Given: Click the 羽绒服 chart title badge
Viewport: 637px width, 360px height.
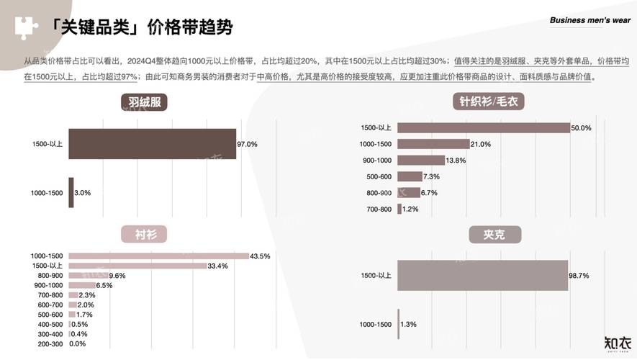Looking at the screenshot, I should [144, 102].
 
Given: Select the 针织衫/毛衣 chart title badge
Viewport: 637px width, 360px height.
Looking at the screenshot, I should [487, 102].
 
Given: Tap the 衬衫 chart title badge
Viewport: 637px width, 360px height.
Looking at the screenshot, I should [143, 234].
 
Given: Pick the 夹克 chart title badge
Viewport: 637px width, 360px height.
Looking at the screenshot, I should [494, 235].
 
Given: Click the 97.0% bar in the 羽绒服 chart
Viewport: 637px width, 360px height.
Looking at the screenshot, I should [153, 144].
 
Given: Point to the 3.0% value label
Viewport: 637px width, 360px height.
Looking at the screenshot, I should [83, 193].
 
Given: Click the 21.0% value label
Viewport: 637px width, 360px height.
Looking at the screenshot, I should [481, 144].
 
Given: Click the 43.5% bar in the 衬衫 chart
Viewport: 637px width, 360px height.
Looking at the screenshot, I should [159, 256].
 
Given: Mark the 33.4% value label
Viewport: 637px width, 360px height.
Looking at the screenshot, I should [217, 266].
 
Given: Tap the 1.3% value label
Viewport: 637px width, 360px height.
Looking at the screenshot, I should [407, 325].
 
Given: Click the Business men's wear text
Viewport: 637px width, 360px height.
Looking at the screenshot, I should [590, 20].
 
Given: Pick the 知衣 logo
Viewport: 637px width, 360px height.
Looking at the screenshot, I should [617, 343].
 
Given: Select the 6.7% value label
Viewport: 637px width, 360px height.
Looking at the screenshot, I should [429, 193].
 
